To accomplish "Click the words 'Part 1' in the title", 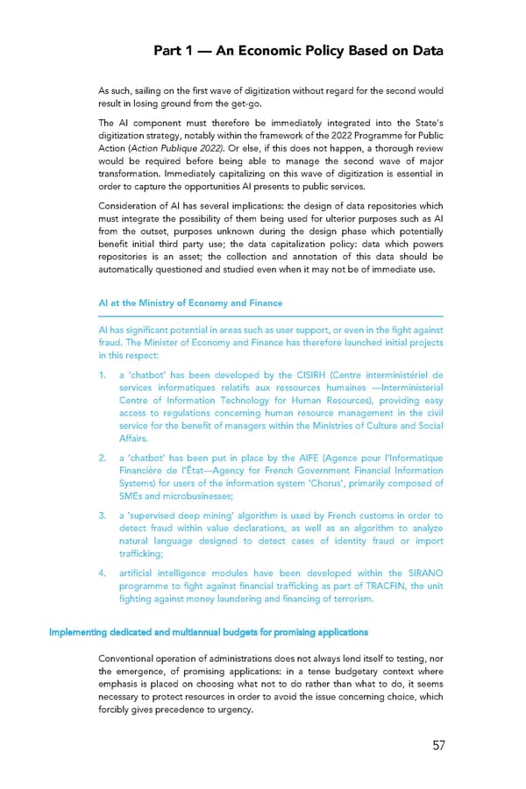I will pyautogui.click(x=174, y=51).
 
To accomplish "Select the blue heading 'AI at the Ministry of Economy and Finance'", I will pyautogui.click(x=190, y=302).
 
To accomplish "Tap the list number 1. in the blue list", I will pyautogui.click(x=103, y=375).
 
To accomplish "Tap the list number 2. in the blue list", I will pyautogui.click(x=103, y=458).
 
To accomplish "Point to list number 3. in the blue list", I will pyautogui.click(x=103, y=515).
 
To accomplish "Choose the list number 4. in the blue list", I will pyautogui.click(x=103, y=573).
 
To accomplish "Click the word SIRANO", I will pyautogui.click(x=423, y=573).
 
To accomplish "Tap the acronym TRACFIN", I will pyautogui.click(x=372, y=586).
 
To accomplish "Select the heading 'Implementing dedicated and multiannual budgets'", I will pyautogui.click(x=209, y=631).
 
